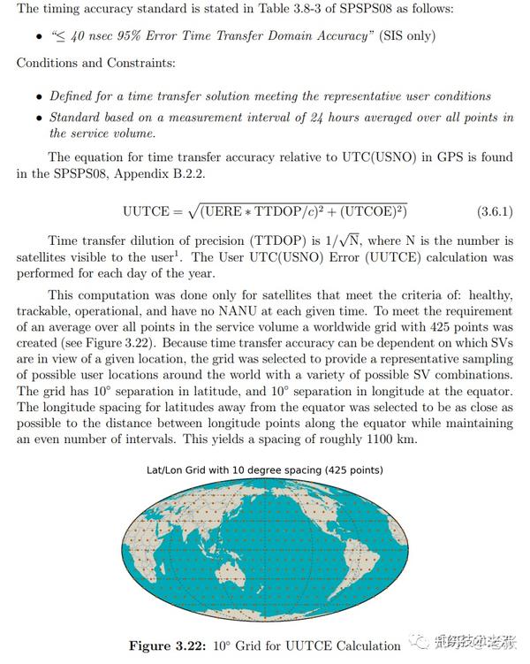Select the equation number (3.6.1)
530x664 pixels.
[495, 212]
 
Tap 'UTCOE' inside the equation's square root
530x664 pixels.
[367, 212]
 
